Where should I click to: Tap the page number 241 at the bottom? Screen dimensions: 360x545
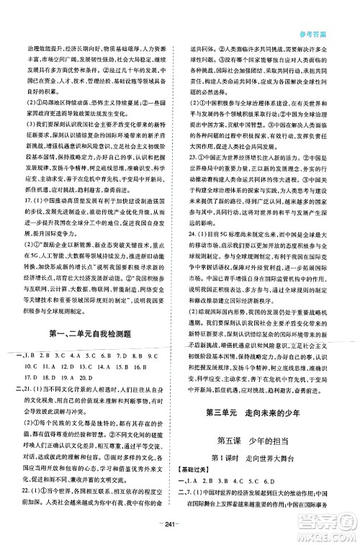(180, 533)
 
